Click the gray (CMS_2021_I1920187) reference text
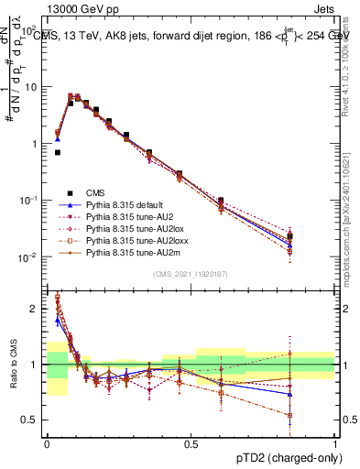(191, 275)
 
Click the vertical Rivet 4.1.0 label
(346, 69)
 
